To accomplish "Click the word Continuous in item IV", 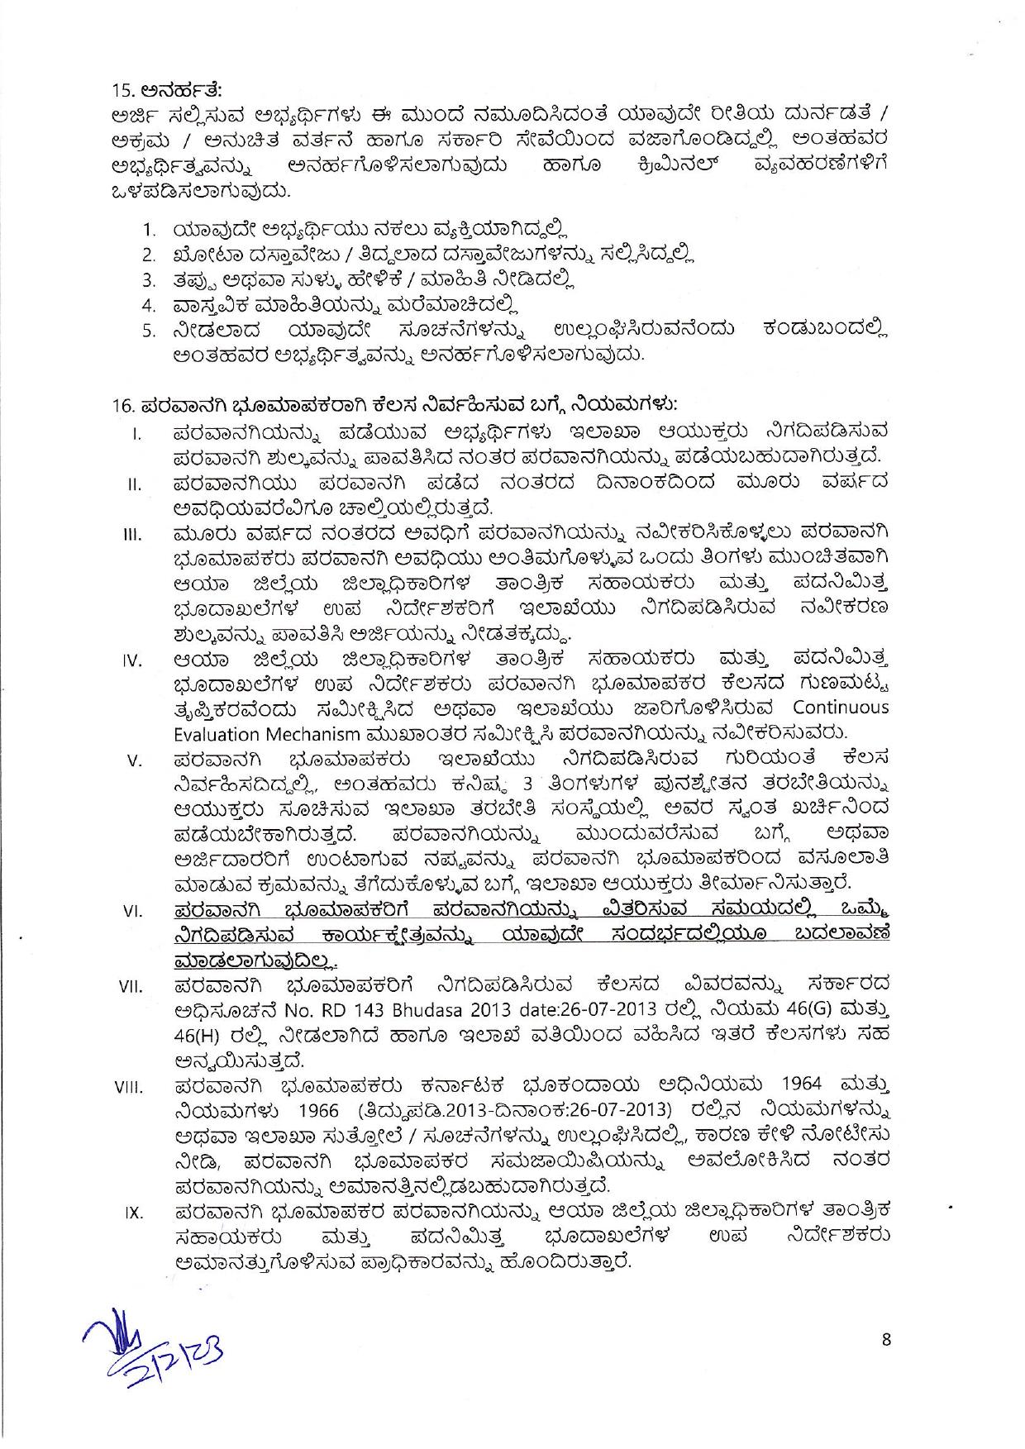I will tap(841, 708).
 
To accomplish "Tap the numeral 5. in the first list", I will tap(149, 332).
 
